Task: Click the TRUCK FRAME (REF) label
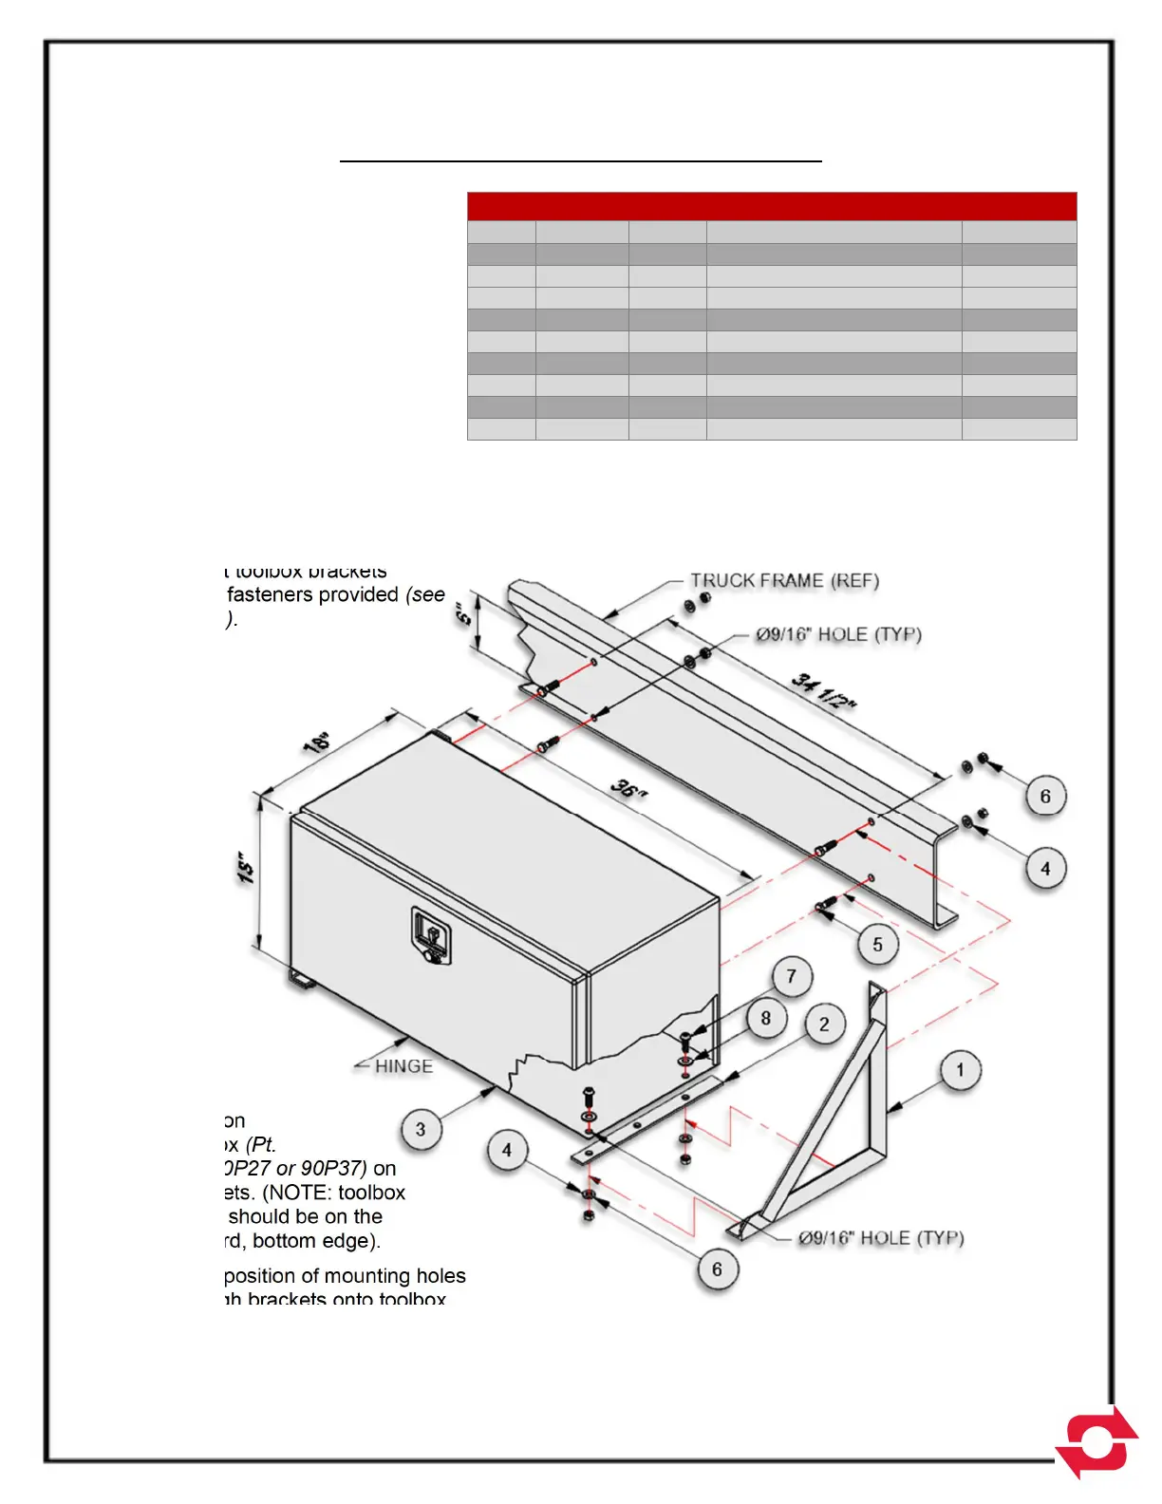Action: pos(784,580)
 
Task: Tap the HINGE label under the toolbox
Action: pos(403,1066)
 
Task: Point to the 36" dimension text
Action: pos(628,787)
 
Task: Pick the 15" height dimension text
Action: pos(247,868)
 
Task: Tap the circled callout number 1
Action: pos(960,1070)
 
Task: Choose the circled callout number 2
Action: pos(824,1024)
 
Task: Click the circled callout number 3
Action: pos(421,1129)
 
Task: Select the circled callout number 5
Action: pos(877,945)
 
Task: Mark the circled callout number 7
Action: pos(791,976)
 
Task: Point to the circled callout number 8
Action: pos(766,1019)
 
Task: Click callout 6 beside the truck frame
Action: pos(1045,796)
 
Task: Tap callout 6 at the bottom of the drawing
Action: pos(717,1269)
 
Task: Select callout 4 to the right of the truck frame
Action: pos(1045,868)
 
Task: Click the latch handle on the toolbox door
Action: pos(431,935)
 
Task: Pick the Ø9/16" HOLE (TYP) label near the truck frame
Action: pos(838,634)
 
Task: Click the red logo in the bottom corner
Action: pos(1097,1442)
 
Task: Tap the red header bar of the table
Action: pos(772,206)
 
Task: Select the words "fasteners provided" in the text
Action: pos(313,594)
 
